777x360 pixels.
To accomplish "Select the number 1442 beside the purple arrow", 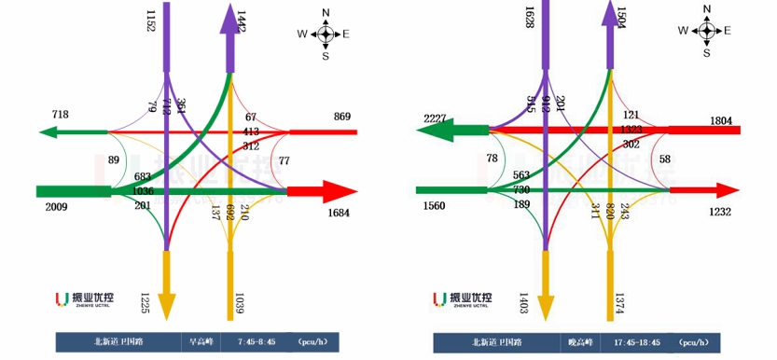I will pos(242,23).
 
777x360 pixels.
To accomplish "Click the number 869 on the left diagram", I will pos(341,117).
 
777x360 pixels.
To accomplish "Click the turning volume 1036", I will pos(143,191).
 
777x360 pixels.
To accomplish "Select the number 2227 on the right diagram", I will pos(437,118).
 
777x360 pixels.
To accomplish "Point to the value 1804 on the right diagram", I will pos(721,120).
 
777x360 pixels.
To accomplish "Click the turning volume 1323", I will pos(632,130).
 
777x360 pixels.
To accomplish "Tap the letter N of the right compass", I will pos(706,8).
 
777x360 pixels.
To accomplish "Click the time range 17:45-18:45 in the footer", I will pos(638,342).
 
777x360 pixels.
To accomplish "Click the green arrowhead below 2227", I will pos(431,133).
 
